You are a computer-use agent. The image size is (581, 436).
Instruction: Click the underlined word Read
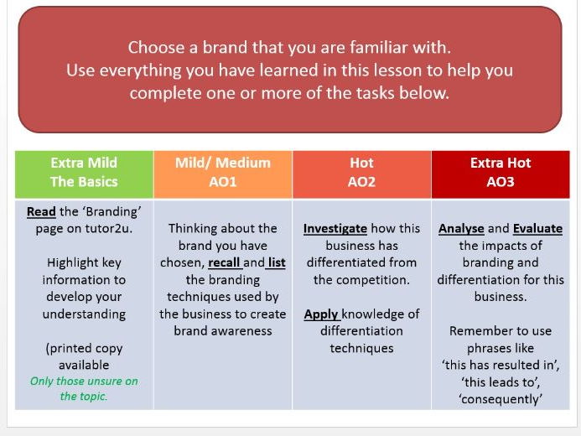(x=41, y=211)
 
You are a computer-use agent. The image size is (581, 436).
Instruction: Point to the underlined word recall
(x=224, y=262)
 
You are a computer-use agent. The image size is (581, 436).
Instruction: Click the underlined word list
(x=277, y=262)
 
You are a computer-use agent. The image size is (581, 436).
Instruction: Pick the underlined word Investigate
(x=335, y=229)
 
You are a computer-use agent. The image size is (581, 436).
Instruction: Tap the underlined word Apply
(x=321, y=314)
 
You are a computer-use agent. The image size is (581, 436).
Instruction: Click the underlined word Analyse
(x=461, y=229)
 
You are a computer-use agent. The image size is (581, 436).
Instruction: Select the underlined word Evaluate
(x=537, y=229)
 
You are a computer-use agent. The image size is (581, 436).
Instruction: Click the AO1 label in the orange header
(x=223, y=182)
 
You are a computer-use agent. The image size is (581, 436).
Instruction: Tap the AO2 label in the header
(x=361, y=182)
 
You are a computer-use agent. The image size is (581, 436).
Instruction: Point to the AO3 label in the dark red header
(x=501, y=182)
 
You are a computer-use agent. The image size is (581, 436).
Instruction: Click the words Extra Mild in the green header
(x=84, y=163)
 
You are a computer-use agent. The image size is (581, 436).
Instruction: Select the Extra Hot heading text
(x=501, y=163)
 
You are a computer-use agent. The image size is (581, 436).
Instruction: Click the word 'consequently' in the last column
(x=501, y=399)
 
